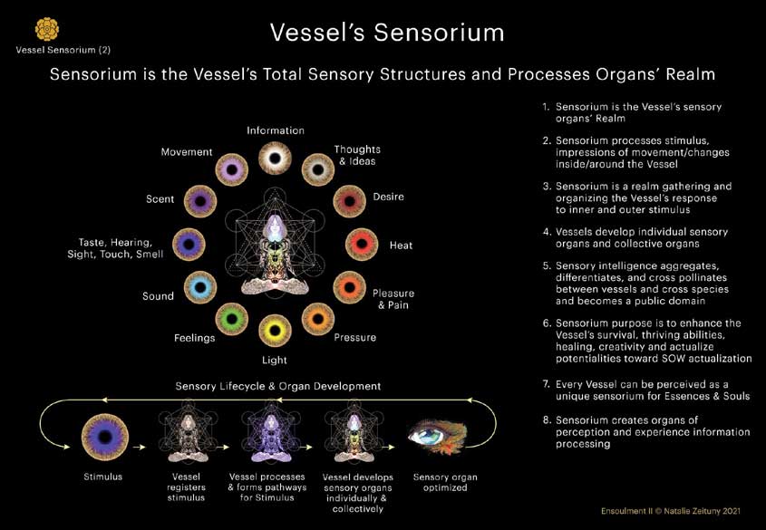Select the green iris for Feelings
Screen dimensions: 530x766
coord(233,318)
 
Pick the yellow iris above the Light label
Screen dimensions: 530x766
coord(274,332)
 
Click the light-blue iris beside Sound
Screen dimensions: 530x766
coord(199,287)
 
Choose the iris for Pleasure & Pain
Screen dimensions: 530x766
coord(349,287)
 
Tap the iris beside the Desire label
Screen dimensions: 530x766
coord(349,199)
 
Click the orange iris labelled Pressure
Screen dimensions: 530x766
coord(317,318)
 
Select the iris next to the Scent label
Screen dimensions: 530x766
coord(199,199)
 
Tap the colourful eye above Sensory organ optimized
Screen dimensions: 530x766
coord(439,436)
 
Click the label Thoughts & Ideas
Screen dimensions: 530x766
coord(357,155)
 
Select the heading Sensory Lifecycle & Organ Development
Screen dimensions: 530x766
coord(277,386)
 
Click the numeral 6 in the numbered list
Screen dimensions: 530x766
coord(546,323)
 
